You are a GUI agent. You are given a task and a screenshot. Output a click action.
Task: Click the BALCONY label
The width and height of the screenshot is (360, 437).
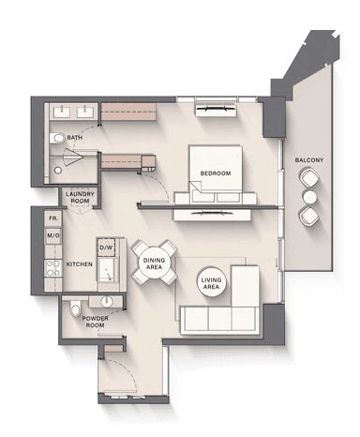pos(309,160)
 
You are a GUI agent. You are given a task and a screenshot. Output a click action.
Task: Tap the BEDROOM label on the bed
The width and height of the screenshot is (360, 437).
pos(216,173)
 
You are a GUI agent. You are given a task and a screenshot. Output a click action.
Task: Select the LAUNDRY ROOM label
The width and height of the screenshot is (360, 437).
pos(80,198)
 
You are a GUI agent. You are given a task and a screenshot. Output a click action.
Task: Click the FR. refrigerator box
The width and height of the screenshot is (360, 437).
pos(53,218)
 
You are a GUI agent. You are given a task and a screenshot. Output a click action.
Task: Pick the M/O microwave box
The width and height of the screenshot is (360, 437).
pos(53,235)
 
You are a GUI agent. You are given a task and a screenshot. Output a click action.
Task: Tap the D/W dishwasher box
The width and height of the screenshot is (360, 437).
pos(106,248)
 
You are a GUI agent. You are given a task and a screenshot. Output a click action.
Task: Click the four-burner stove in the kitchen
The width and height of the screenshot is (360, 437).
pos(53,268)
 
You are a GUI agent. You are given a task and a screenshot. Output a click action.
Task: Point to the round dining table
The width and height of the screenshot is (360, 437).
pos(154,264)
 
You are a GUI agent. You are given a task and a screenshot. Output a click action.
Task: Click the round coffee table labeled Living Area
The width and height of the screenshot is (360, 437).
pos(211,283)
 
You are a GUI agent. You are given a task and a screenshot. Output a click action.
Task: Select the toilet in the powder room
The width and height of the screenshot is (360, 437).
pos(75,309)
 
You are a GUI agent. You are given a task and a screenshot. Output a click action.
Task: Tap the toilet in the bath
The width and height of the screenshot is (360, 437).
pos(57,138)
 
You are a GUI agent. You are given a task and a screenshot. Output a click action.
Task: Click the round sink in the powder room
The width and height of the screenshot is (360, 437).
pos(107,301)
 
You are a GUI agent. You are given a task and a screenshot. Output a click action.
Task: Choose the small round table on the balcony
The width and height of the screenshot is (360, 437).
pos(310,197)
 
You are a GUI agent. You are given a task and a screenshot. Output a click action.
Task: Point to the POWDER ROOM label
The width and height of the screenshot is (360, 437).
pos(96,322)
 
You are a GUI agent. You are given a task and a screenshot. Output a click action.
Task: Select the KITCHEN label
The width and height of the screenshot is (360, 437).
pos(80,264)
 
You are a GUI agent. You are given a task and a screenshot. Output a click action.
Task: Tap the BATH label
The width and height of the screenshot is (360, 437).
pos(75,138)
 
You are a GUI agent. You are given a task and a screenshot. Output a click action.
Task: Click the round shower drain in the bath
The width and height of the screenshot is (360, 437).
pos(58,171)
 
